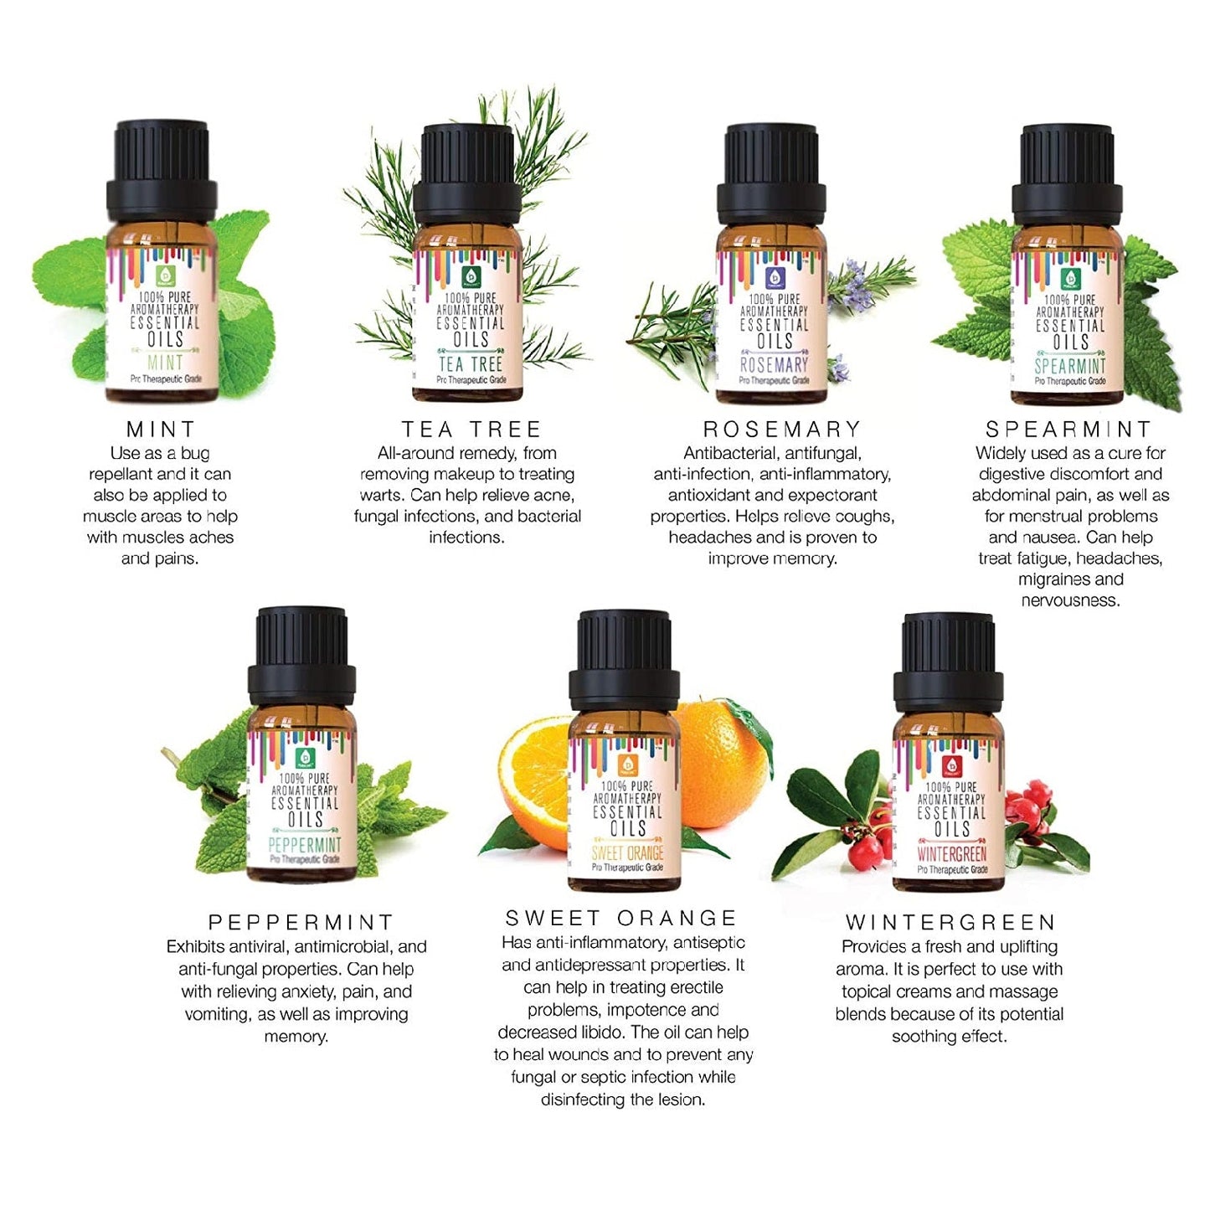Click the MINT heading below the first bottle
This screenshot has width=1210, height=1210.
(160, 430)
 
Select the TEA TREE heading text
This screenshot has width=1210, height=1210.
(471, 430)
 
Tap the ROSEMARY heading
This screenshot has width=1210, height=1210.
(781, 430)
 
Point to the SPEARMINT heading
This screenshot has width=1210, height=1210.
(1068, 430)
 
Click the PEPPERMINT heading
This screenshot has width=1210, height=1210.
(301, 923)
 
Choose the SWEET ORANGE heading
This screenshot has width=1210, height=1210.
(620, 918)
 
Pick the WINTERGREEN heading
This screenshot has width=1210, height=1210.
(950, 923)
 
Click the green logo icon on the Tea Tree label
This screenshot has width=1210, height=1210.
(471, 277)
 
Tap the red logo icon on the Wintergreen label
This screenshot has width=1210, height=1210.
(950, 765)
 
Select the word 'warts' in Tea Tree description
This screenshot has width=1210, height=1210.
(380, 495)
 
